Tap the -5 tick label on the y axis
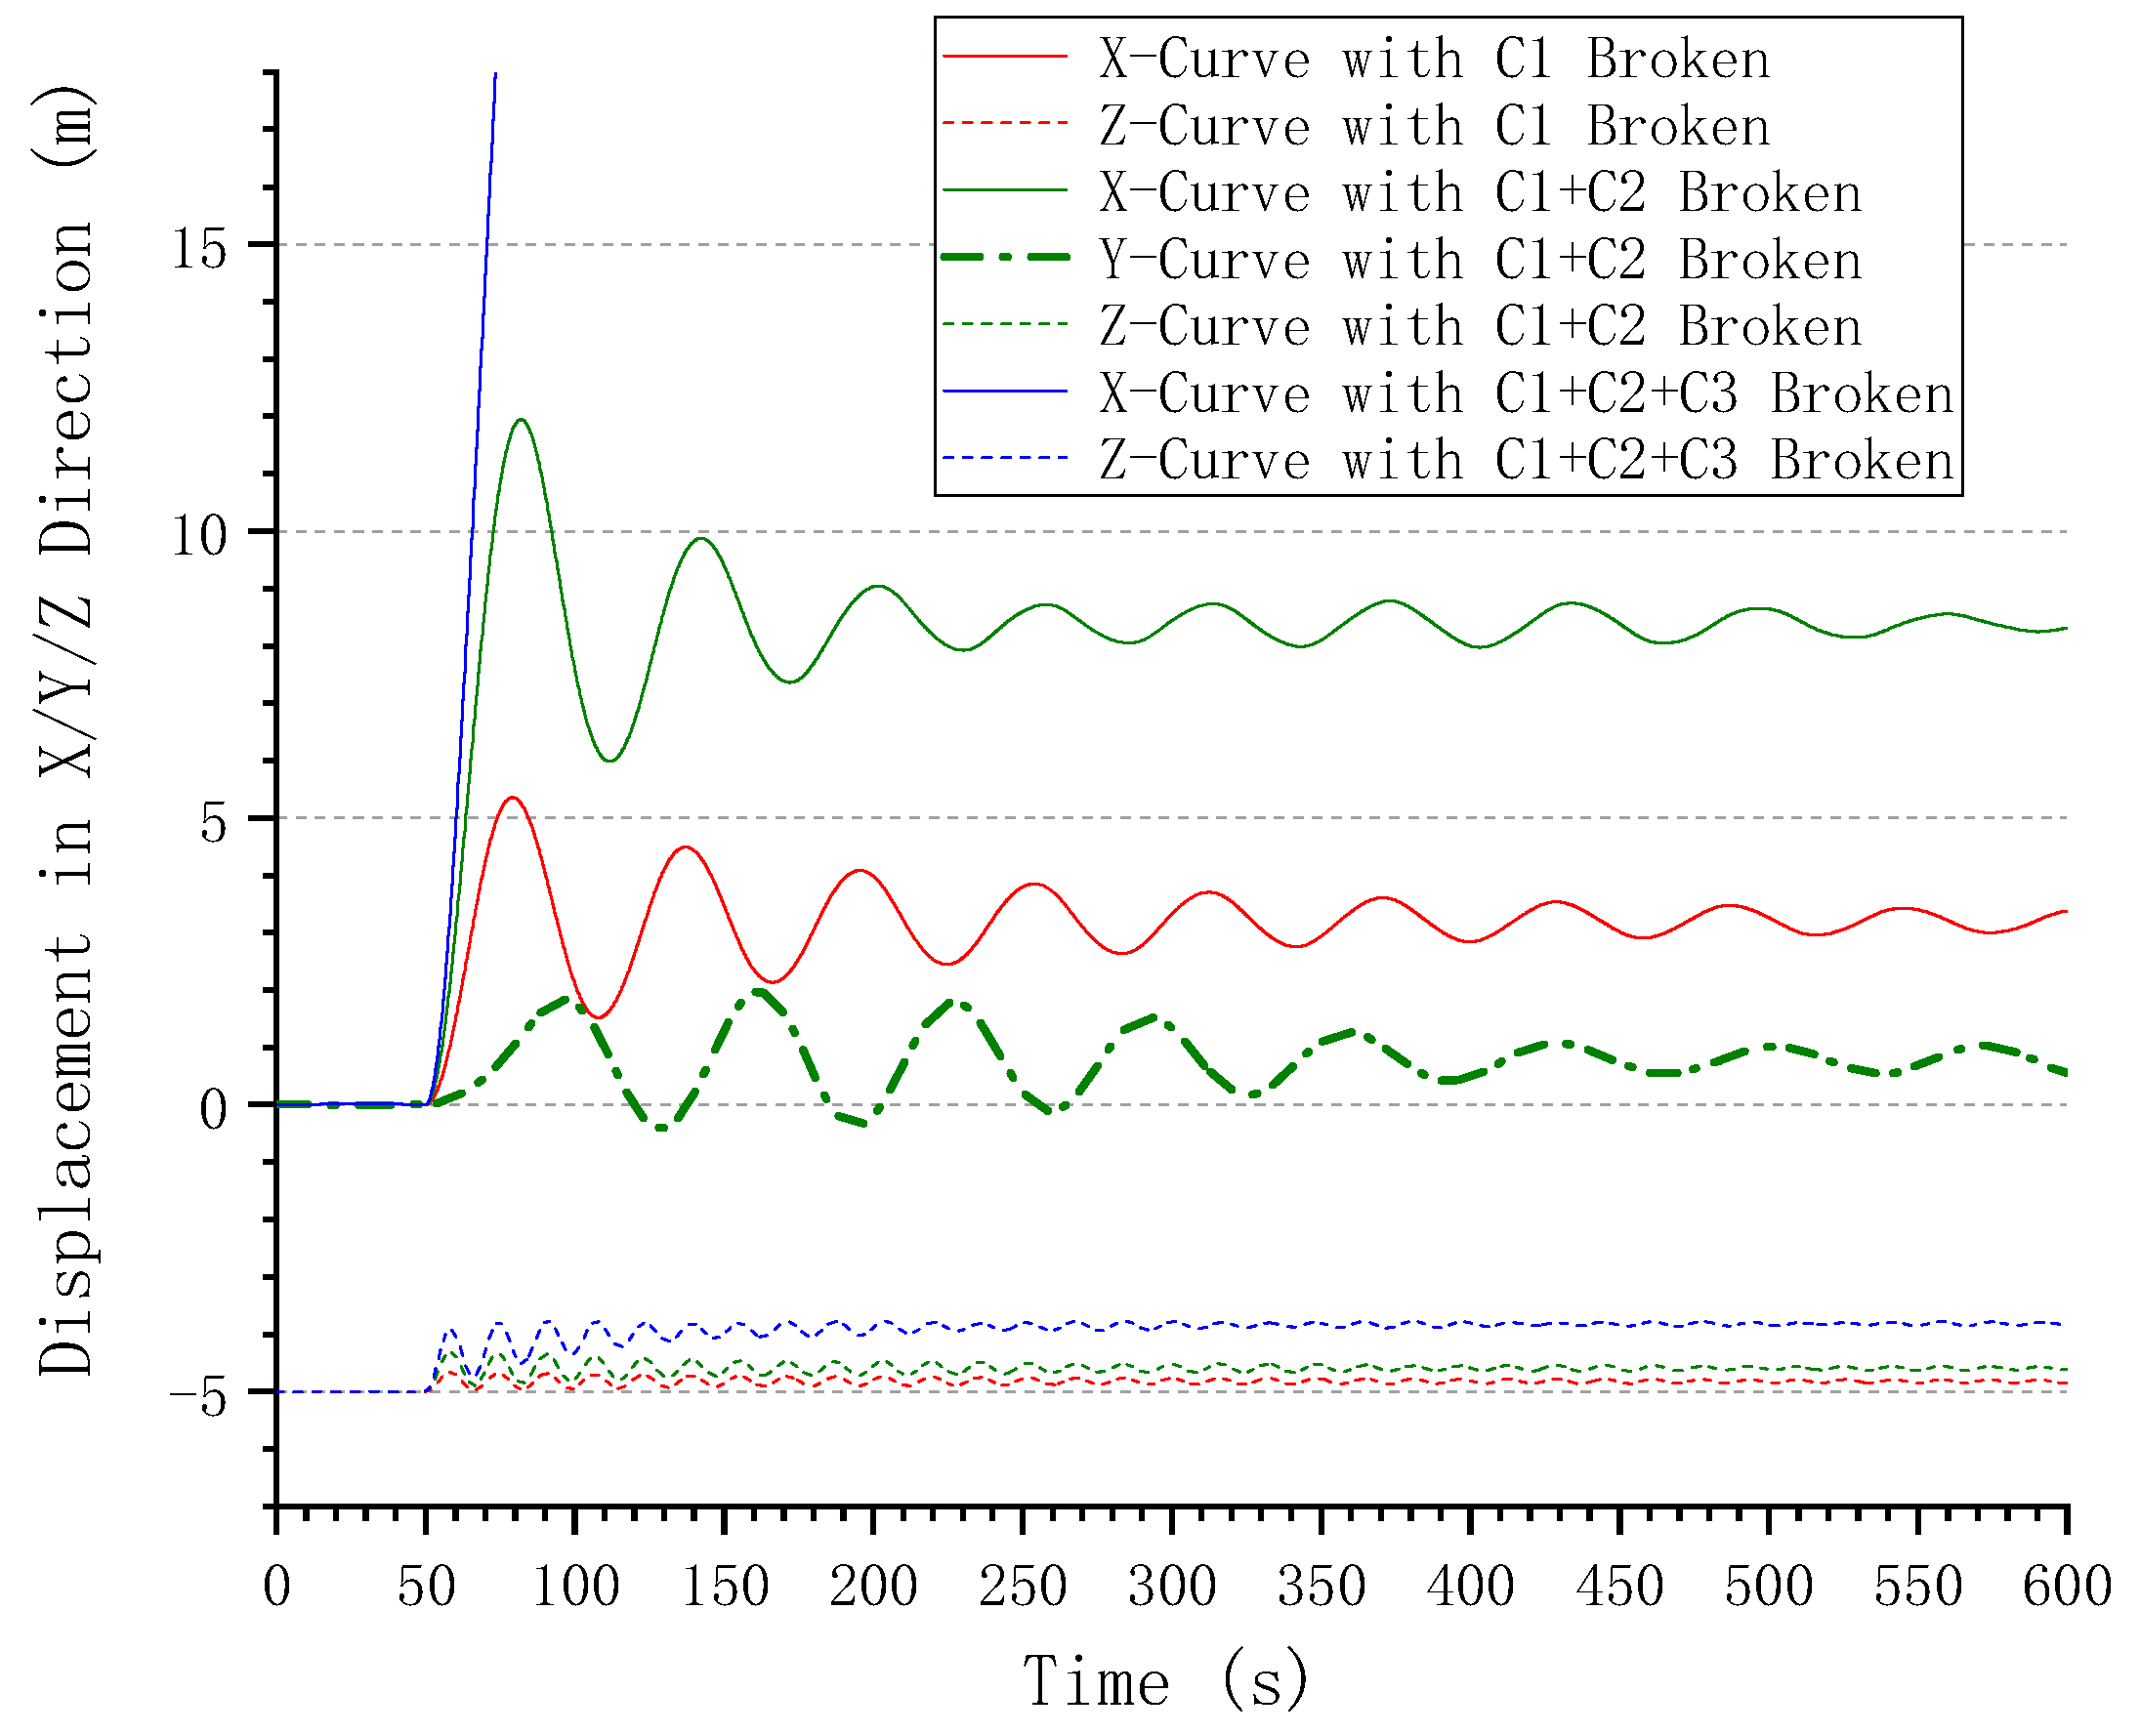click(x=200, y=1394)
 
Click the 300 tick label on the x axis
click(x=1171, y=1586)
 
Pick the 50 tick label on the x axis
click(x=426, y=1586)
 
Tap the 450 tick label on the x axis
click(x=1618, y=1586)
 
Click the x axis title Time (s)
click(x=1165, y=1681)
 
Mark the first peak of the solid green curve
click(x=521, y=420)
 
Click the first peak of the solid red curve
click(x=512, y=797)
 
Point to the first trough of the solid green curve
click(x=609, y=762)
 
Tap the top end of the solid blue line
click(x=495, y=74)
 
